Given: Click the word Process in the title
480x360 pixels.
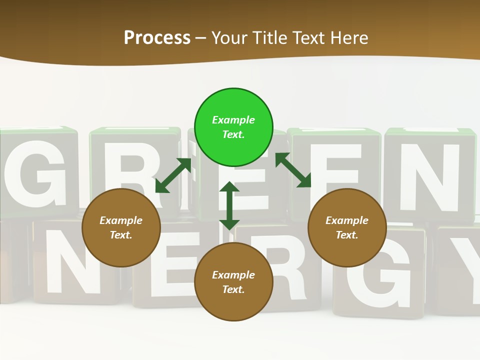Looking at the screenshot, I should pyautogui.click(x=157, y=38).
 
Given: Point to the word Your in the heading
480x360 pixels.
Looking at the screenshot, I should pyautogui.click(x=230, y=38).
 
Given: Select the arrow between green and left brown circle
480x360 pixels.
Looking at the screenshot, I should pyautogui.click(x=173, y=175).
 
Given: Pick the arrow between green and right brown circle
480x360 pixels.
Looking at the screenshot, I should pyautogui.click(x=293, y=170).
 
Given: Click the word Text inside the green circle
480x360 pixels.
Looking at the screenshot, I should pyautogui.click(x=233, y=134).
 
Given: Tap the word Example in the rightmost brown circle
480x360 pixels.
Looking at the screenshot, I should pyautogui.click(x=347, y=220).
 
